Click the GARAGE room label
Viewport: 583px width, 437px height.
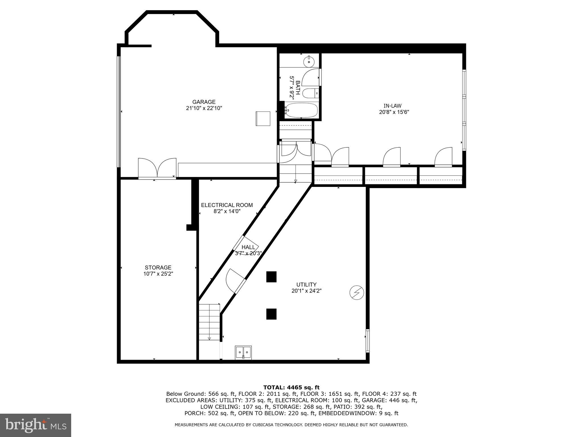[204, 102]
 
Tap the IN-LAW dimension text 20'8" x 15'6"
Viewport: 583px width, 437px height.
[394, 112]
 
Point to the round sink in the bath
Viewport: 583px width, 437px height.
[309, 61]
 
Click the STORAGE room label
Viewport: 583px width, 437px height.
[158, 267]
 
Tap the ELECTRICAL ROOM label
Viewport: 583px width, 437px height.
[227, 205]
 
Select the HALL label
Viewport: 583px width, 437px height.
[248, 247]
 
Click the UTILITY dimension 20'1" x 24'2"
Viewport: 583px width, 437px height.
[306, 291]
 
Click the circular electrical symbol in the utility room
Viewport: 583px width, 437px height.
[357, 293]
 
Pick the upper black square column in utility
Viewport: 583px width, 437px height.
[271, 277]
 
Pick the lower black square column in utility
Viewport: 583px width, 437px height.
[271, 314]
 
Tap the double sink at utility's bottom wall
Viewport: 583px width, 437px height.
[243, 353]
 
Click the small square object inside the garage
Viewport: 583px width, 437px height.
[263, 118]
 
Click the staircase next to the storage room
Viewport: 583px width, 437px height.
[210, 321]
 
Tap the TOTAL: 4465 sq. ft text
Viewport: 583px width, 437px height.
[291, 387]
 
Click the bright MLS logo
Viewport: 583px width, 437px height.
[35, 425]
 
